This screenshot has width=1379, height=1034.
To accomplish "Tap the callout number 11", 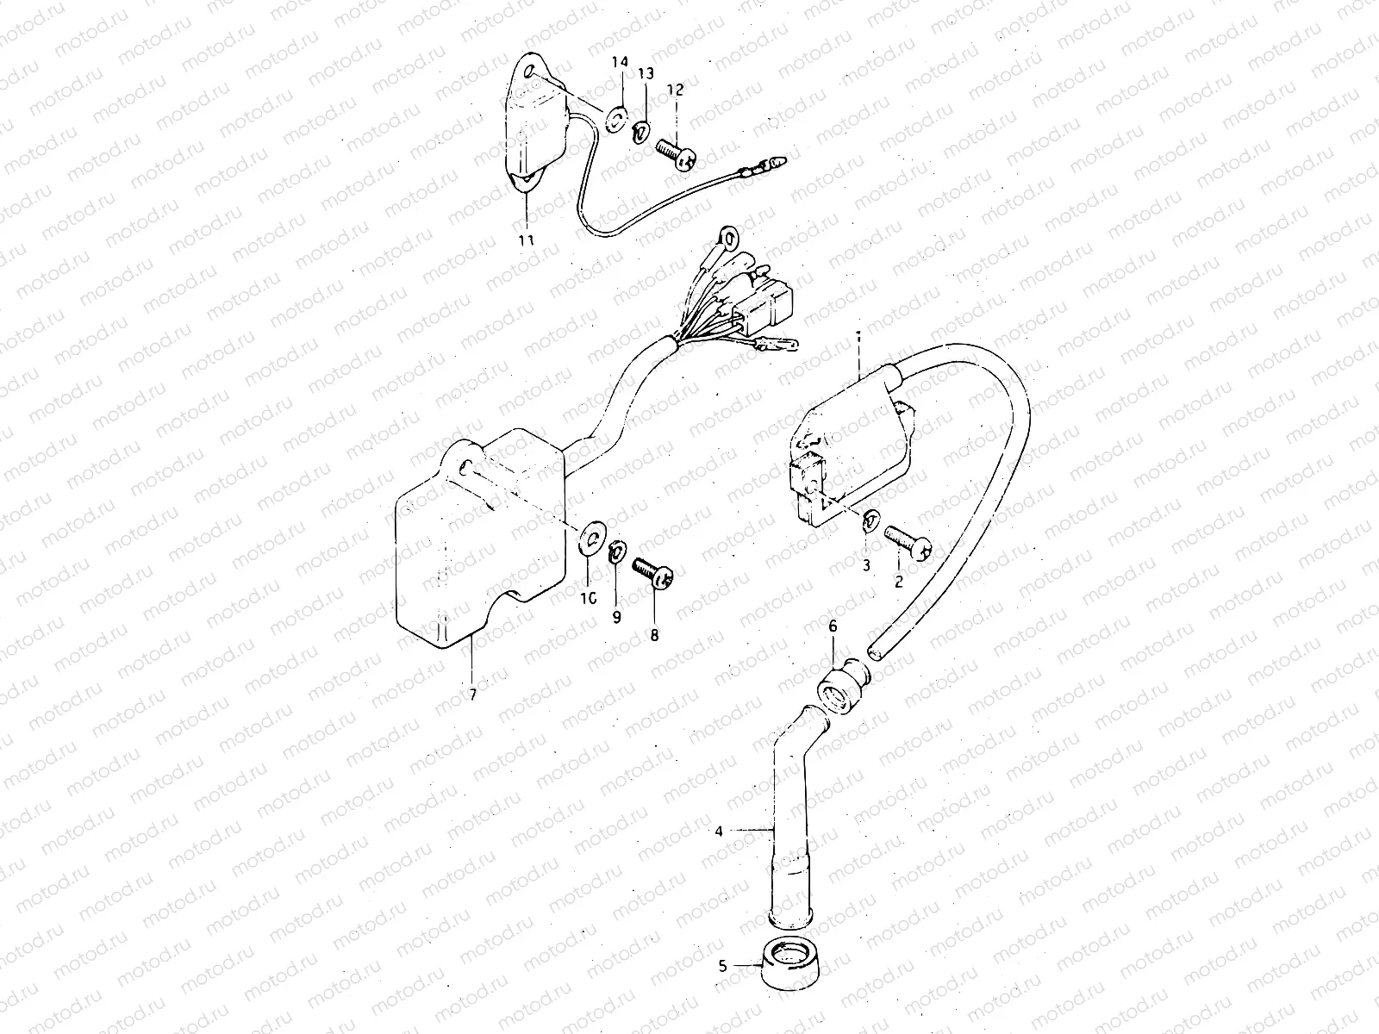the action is [x=526, y=240].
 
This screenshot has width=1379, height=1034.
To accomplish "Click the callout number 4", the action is [x=719, y=832].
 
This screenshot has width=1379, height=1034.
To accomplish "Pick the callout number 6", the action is [x=833, y=626].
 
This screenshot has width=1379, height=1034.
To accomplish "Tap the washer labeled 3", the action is [x=870, y=520].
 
